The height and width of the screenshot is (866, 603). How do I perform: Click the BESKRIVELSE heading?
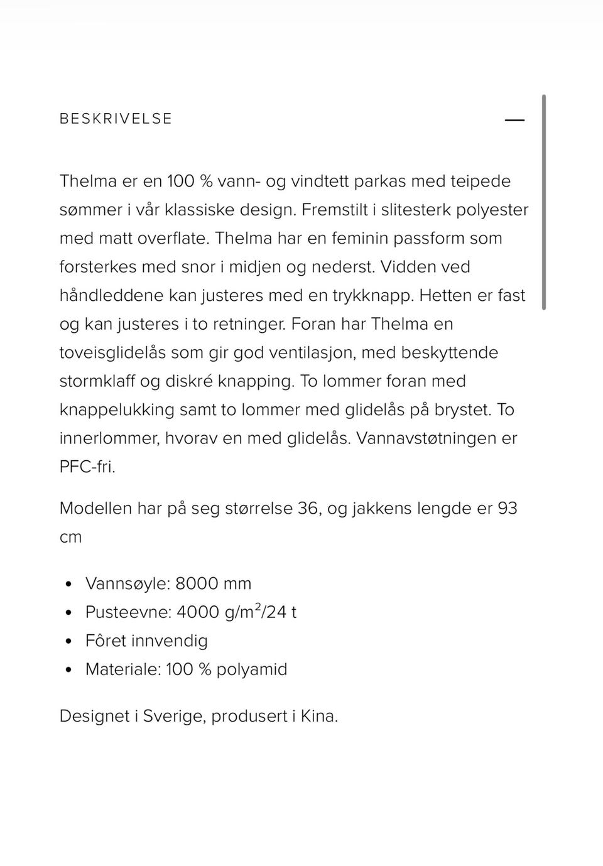(116, 119)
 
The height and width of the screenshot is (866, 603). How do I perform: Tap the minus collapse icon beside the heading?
(514, 120)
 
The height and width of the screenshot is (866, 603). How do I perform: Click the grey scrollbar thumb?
(544, 202)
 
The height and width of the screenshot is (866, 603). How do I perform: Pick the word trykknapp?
(372, 296)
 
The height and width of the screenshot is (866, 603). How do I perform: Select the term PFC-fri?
(87, 467)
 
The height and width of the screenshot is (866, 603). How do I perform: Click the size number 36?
(308, 508)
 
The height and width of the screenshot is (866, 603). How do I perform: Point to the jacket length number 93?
(508, 508)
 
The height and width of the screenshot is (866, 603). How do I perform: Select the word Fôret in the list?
(106, 641)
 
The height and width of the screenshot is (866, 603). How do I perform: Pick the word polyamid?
(252, 669)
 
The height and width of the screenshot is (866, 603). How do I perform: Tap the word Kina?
(319, 717)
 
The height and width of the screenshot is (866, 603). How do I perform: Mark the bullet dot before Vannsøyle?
(69, 584)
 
